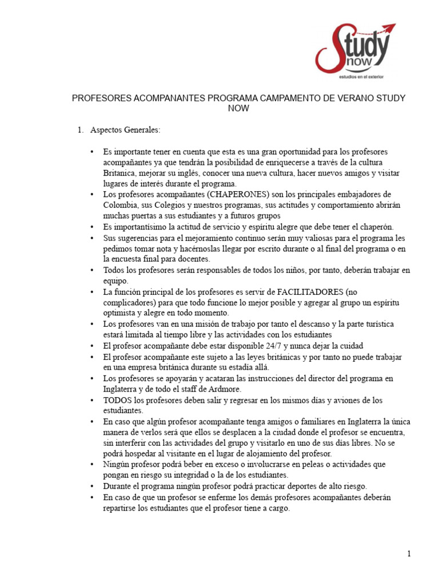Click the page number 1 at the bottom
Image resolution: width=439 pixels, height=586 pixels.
tap(409, 553)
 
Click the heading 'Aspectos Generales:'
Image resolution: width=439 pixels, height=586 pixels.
tap(125, 130)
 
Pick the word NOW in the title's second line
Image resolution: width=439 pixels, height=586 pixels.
tap(238, 108)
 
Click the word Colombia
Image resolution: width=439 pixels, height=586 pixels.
tap(122, 205)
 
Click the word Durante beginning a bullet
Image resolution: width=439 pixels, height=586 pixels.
tap(119, 486)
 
